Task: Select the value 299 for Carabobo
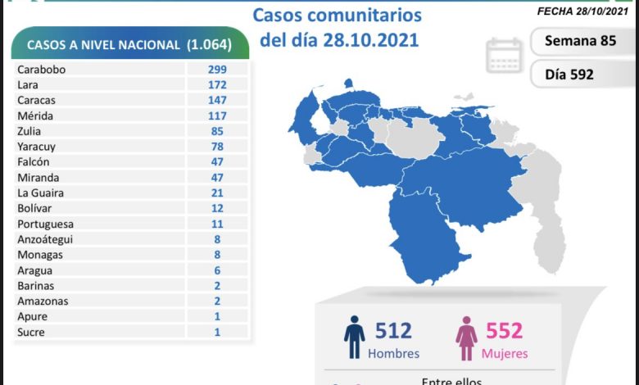[217, 70]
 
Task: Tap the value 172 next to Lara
[217, 84]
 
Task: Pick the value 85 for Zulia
[217, 130]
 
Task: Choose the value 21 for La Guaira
[217, 192]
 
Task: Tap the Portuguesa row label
[45, 224]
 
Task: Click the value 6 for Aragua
[217, 269]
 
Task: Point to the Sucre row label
[30, 332]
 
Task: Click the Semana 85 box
[579, 40]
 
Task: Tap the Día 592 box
[569, 75]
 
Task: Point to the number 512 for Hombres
[393, 332]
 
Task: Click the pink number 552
[505, 332]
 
